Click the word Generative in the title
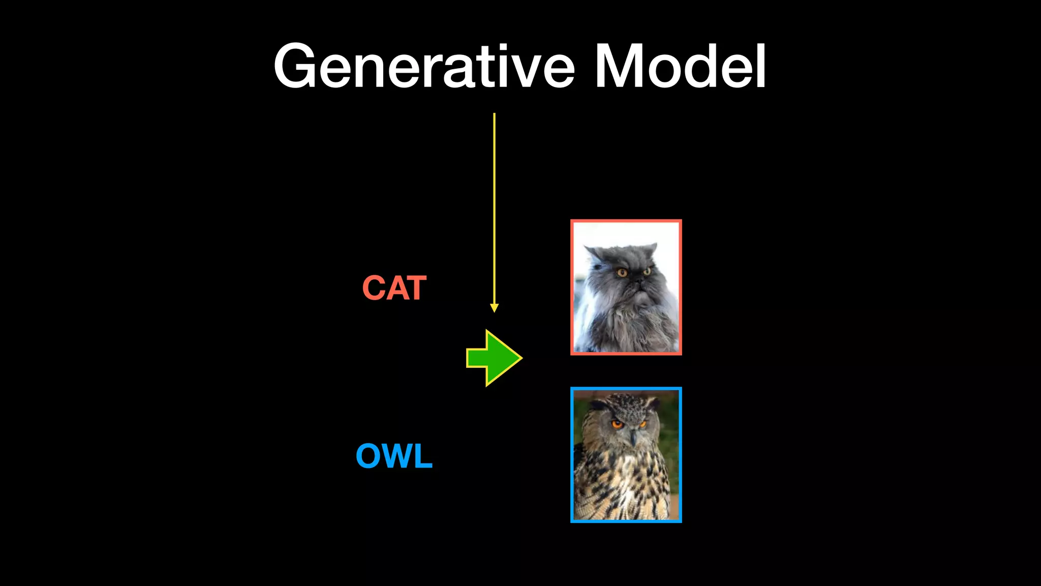pos(424,66)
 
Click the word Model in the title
pos(680,66)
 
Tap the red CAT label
pos(394,288)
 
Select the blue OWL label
pos(394,456)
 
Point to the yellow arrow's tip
pos(494,311)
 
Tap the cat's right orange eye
pos(647,271)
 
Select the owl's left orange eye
pos(617,424)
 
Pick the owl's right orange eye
pos(643,423)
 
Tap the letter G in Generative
pos(295,66)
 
